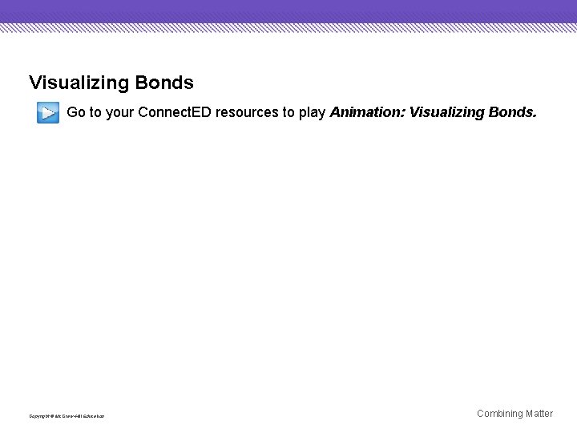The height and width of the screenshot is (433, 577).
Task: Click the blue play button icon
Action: tap(47, 113)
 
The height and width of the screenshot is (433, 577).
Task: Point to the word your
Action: tap(119, 112)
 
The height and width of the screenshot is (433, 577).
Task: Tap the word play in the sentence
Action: tap(312, 113)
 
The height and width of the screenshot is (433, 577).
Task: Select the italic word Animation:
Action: tap(367, 112)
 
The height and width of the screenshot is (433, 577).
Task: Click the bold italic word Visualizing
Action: tap(446, 112)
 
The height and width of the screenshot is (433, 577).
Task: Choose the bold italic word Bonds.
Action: tap(511, 112)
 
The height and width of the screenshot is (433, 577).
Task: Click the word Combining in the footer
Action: tap(500, 414)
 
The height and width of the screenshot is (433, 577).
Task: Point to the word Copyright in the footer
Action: tap(38, 416)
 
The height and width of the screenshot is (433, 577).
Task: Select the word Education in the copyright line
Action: tap(94, 416)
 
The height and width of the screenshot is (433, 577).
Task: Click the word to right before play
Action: tap(288, 112)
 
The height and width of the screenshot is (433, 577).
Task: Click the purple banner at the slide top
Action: tap(288, 11)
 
